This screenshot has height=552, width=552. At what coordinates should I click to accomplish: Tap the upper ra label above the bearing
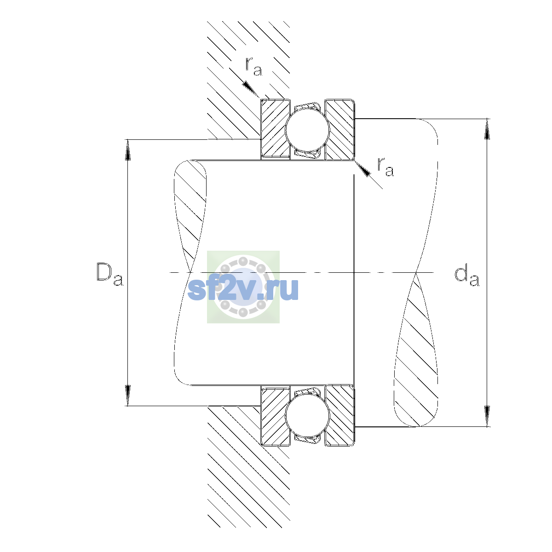[x=253, y=66]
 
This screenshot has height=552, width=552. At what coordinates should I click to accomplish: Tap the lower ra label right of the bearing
[x=385, y=167]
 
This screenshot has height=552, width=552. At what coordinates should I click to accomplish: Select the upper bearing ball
[x=307, y=129]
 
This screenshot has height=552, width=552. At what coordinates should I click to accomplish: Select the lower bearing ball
[x=307, y=416]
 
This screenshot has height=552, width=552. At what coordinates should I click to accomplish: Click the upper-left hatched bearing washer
[x=275, y=129]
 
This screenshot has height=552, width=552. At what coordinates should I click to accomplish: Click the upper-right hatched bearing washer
[x=339, y=129]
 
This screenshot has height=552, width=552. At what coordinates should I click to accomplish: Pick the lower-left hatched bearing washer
[x=275, y=416]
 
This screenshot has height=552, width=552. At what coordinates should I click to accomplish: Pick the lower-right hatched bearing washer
[x=339, y=416]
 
